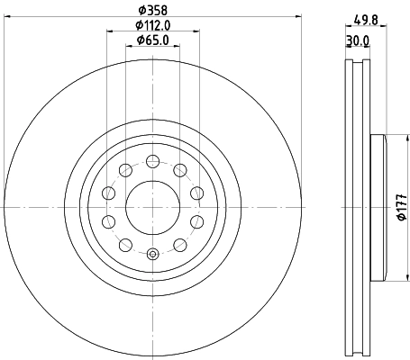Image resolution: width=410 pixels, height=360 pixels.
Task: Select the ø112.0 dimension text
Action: tap(152, 24)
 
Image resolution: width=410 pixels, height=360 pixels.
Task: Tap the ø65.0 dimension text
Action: tap(152, 40)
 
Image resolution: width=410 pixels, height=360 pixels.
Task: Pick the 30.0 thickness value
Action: tap(360, 40)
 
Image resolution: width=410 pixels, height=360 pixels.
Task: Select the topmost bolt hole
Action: tap(152, 161)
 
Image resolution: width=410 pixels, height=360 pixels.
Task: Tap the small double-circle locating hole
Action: tap(152, 254)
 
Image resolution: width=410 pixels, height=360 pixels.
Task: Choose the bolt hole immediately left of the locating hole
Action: tap(125, 245)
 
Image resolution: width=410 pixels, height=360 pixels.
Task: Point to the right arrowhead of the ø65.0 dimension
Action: tap(176, 47)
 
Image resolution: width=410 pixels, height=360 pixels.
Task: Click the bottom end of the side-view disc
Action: tap(358, 353)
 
